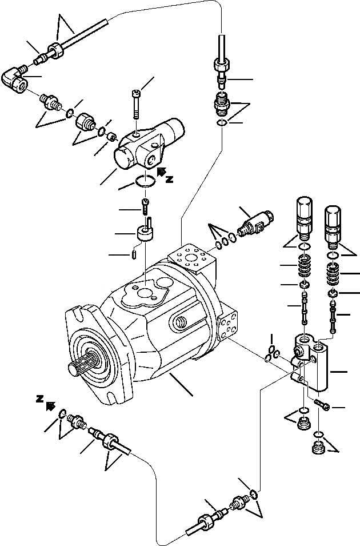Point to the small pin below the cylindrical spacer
[133, 253]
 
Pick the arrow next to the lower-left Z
[50, 406]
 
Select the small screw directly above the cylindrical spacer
[145, 204]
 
